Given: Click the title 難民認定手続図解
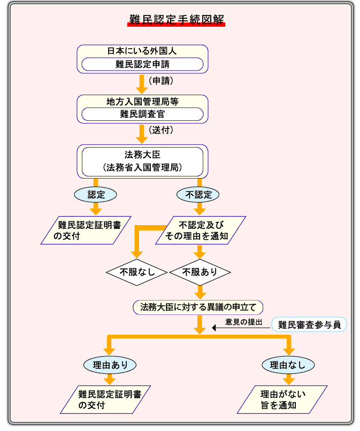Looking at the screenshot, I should pyautogui.click(x=177, y=20).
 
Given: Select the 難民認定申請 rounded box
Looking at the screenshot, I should pyautogui.click(x=142, y=65).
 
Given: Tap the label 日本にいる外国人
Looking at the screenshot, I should pyautogui.click(x=142, y=51).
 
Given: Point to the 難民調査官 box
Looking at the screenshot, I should pyautogui.click(x=142, y=114).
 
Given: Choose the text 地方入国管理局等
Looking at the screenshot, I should pyautogui.click(x=142, y=101).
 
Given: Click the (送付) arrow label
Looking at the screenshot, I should pyautogui.click(x=161, y=131).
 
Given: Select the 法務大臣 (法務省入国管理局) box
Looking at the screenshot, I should pyautogui.click(x=142, y=161).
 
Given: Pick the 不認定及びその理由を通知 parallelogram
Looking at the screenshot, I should pyautogui.click(x=200, y=230).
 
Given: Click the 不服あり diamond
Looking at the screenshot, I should pyautogui.click(x=200, y=272).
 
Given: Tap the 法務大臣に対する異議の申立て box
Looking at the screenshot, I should pyautogui.click(x=198, y=307).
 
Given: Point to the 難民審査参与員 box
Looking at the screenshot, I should pyautogui.click(x=309, y=324).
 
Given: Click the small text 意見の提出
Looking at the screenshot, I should pyautogui.click(x=243, y=323).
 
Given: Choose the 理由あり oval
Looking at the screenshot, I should pyautogui.click(x=110, y=365).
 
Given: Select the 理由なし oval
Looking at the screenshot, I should pyautogui.click(x=288, y=365).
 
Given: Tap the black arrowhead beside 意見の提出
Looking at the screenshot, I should pyautogui.click(x=215, y=327).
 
